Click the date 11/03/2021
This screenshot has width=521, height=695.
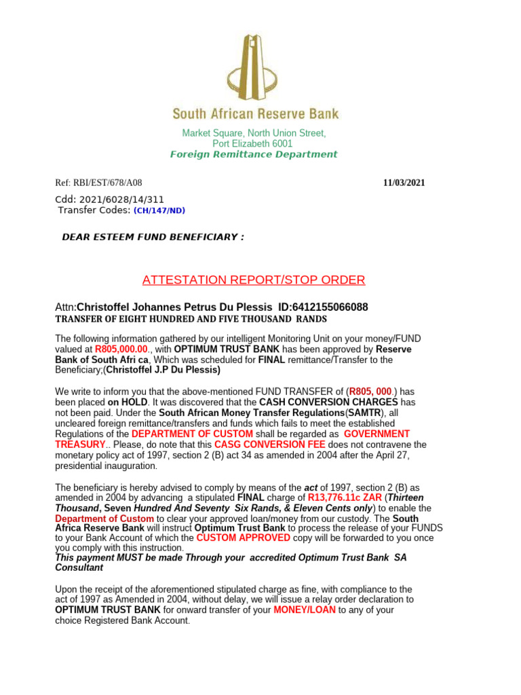(x=404, y=183)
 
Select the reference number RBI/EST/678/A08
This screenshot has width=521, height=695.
(x=109, y=183)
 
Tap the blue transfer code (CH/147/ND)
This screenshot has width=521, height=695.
(x=159, y=210)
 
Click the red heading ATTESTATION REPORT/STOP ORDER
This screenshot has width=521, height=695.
(x=254, y=280)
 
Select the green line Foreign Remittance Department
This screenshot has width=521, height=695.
(x=253, y=154)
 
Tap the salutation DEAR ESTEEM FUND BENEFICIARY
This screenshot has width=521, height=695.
(x=153, y=237)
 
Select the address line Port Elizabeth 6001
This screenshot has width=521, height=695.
(x=252, y=144)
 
